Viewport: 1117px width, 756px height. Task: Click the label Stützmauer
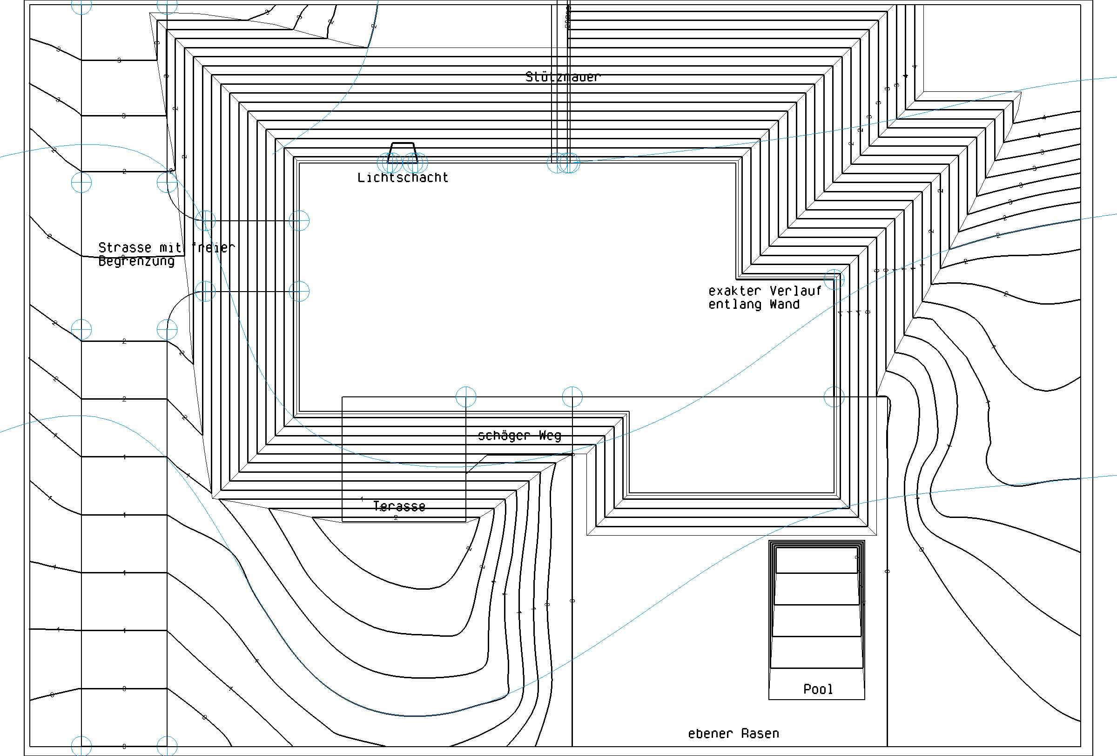562,77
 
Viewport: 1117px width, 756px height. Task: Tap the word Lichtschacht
402,178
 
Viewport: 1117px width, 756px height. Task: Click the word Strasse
125,248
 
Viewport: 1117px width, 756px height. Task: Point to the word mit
170,248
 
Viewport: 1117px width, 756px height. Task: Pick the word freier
213,248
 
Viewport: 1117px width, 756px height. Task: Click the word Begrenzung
136,261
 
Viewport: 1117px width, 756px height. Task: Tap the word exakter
734,291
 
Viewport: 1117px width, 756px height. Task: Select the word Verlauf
795,291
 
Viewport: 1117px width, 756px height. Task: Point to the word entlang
734,305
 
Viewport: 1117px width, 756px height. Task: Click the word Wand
784,305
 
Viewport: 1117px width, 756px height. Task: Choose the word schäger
504,436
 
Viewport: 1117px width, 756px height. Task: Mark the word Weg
550,436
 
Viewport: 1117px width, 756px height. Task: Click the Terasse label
399,506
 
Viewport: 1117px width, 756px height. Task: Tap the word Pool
818,689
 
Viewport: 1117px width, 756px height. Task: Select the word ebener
710,733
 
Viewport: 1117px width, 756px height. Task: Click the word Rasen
760,733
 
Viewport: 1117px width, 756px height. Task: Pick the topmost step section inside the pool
817,560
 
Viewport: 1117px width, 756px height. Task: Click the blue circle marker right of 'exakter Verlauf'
834,279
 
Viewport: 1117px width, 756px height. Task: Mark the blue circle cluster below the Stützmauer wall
563,163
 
